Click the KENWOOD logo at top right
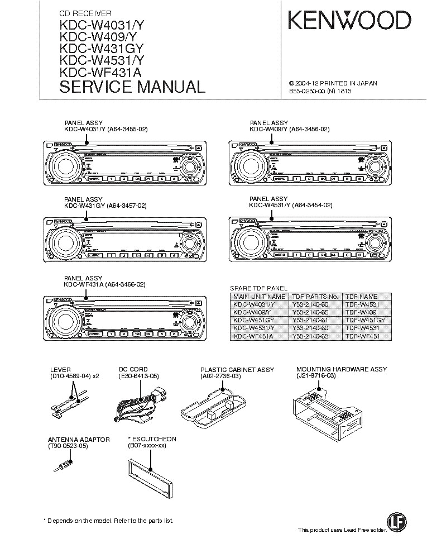coord(349,21)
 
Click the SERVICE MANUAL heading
coord(132,87)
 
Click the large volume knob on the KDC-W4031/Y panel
coord(61,166)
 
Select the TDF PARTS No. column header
coord(314,297)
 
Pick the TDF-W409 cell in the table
coord(361,312)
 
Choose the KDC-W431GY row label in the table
coord(254,320)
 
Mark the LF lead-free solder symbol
coord(395,520)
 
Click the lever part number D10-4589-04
coord(71,376)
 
